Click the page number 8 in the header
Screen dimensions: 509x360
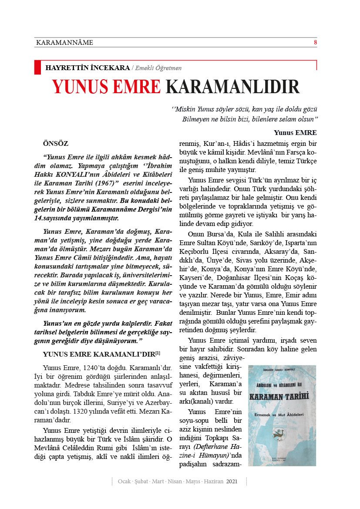click(x=315, y=42)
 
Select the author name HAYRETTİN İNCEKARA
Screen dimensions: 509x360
click(x=87, y=67)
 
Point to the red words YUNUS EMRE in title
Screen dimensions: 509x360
click(x=107, y=87)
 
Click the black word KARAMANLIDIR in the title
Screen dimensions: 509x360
click(x=232, y=87)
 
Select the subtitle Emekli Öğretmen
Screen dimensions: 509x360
click(x=158, y=68)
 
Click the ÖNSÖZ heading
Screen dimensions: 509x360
click(x=56, y=143)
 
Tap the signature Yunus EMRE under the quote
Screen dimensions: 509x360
click(x=295, y=132)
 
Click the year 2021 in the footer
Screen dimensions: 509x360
click(x=232, y=481)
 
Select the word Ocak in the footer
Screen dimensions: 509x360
click(x=124, y=481)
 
